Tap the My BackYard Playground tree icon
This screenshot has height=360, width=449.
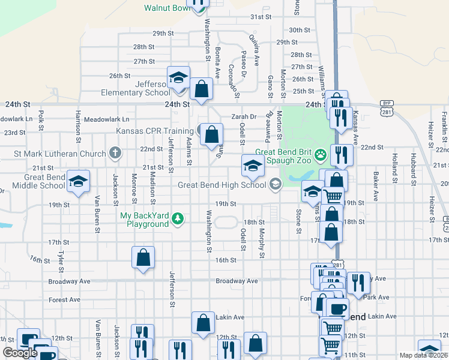[177, 217]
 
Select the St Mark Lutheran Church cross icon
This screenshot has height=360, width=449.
[115, 154]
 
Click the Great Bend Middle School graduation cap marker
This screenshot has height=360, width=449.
[78, 183]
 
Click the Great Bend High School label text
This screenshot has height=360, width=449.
[221, 185]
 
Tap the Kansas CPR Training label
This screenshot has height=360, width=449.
[159, 131]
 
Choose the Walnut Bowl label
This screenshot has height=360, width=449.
[167, 8]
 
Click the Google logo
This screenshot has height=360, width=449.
[20, 353]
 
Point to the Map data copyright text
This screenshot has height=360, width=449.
[424, 355]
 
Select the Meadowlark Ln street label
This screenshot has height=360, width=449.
[107, 119]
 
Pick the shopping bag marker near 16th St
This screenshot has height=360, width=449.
[143, 258]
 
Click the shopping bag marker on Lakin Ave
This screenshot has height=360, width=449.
[203, 322]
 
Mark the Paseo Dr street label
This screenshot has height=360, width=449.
[244, 65]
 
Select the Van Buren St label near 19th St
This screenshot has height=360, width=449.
[96, 209]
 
